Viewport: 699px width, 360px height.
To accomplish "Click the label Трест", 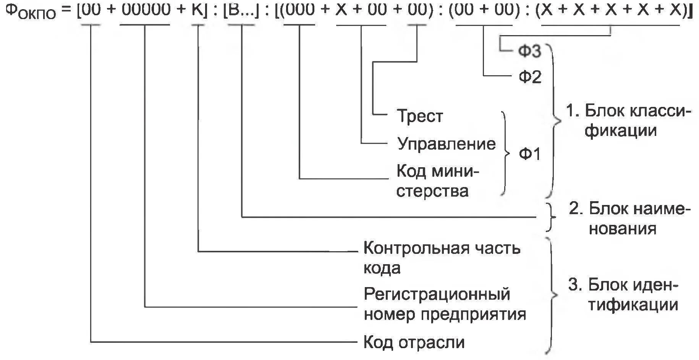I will pos(420,116).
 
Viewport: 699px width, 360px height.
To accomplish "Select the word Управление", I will pos(446,144).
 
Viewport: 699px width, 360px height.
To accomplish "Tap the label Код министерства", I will pos(437,181).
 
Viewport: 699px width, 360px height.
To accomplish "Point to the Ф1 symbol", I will pos(530,154).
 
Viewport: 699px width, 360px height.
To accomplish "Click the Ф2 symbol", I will pos(530,77).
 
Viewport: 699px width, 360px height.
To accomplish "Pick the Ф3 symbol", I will pos(530,51).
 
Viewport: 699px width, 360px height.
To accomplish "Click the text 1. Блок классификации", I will pos(628,121).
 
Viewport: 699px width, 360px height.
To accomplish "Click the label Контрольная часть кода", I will pos(441,258).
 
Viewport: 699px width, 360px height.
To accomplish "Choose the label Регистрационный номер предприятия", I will pos(445,304).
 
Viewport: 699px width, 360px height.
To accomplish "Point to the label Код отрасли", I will pos(414,342).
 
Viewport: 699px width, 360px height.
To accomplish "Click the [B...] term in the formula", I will pos(241,10).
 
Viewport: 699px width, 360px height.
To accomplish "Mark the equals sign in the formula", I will pos(67,10).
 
